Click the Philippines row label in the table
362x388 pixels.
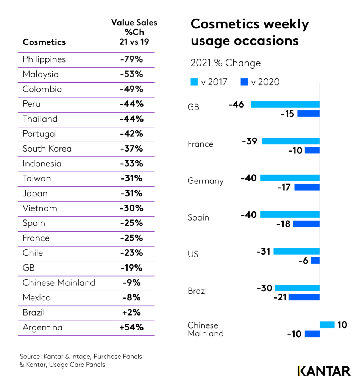pos(44,59)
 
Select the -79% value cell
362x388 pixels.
pos(131,59)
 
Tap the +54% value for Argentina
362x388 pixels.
pos(131,327)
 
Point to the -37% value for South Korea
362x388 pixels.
pos(131,149)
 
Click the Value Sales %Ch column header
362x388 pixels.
pos(134,32)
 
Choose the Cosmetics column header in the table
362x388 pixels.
pos(44,42)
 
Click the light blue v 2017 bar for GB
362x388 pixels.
pos(285,104)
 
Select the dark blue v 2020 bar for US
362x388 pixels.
pos(315,260)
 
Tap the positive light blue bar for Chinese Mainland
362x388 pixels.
pos(327,325)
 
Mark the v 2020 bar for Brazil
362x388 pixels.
pos(304,297)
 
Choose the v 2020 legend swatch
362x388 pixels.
pos(244,82)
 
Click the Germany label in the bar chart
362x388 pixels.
pos(206,181)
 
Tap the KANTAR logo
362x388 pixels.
pos(324,371)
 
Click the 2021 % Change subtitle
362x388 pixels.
pos(226,63)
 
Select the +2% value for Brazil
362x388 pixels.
pos(131,313)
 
